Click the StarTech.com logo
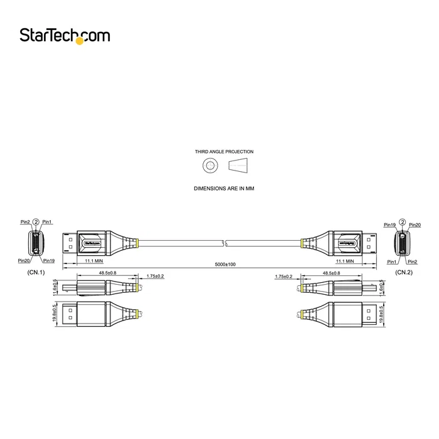[x=64, y=36]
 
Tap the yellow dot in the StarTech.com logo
[x=80, y=41]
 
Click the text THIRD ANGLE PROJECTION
[x=224, y=152]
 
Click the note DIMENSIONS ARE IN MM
[x=224, y=188]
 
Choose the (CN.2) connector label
[x=403, y=273]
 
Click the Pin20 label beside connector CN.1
[x=24, y=260]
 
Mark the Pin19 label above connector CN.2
[x=389, y=225]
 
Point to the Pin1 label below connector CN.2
[x=391, y=261]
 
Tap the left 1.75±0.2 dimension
[x=155, y=276]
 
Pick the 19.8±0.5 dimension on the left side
[x=56, y=313]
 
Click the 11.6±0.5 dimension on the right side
[x=382, y=288]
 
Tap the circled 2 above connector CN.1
[x=36, y=221]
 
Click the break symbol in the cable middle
[x=225, y=243]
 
